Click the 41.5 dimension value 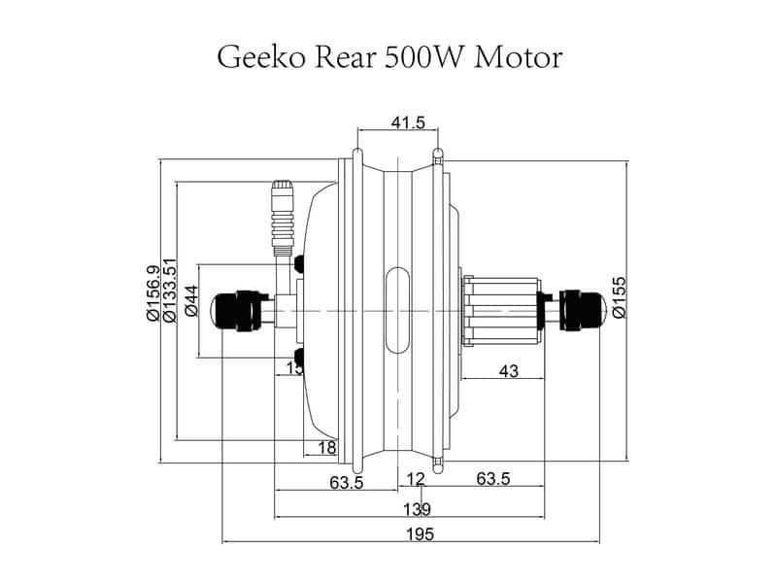(407, 123)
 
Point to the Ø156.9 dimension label (152, 292)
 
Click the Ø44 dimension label (191, 302)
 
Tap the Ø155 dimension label (619, 297)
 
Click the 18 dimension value (327, 447)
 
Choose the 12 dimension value (416, 479)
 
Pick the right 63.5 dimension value (493, 479)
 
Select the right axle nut (582, 309)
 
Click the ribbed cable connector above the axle (282, 214)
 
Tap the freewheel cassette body (497, 310)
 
